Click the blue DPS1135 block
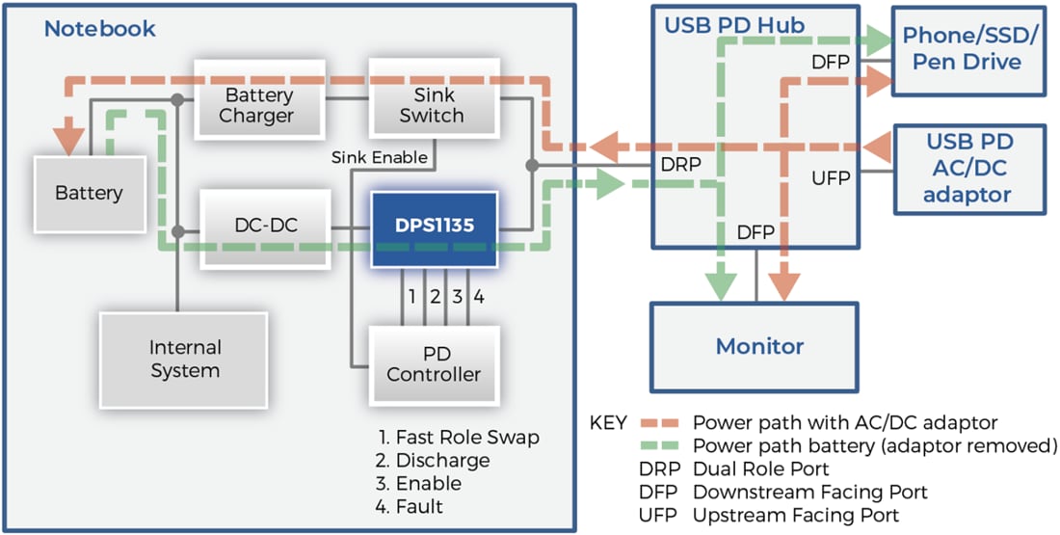coord(435,228)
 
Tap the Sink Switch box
coord(433,106)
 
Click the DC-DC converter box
coord(266,227)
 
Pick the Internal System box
coord(184,359)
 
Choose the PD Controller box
coord(434,363)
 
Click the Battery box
coord(89,193)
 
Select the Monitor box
coord(759,346)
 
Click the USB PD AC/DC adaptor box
coord(968,168)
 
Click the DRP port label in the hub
coord(680,165)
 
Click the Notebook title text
coord(99,28)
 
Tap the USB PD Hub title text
coord(734,24)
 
